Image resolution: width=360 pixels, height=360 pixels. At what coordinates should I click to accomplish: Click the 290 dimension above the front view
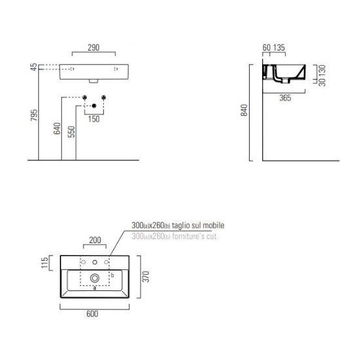(x=93, y=47)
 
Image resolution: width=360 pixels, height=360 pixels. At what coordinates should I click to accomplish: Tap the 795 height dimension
(x=34, y=115)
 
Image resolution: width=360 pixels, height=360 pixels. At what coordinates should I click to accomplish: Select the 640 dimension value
(x=57, y=128)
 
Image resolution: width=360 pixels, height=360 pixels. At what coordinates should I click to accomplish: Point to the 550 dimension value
(x=72, y=131)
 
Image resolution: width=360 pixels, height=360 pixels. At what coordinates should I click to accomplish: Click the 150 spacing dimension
(x=94, y=119)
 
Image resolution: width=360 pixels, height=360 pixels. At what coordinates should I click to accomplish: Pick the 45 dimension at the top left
(x=34, y=67)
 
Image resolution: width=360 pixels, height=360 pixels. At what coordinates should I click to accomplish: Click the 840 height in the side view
(x=244, y=110)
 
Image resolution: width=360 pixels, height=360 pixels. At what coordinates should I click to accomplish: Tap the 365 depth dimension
(x=285, y=98)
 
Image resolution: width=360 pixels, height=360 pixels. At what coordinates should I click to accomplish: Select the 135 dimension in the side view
(x=279, y=47)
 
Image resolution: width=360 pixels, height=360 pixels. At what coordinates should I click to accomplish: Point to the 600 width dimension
(x=92, y=313)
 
